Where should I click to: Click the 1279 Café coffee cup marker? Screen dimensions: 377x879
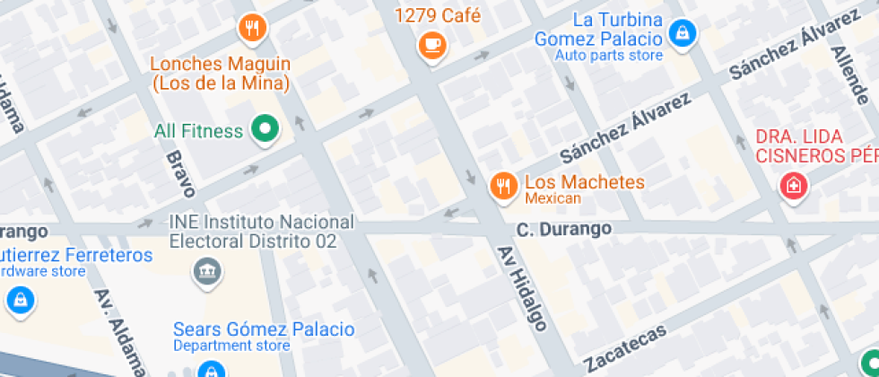432,43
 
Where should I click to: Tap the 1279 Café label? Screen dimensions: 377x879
438,15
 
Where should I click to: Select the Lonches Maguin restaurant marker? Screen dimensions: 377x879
253,28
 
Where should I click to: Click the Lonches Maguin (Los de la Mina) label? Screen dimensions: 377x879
220,74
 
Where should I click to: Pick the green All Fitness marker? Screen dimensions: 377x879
265,131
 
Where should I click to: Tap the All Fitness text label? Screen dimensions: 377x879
198,131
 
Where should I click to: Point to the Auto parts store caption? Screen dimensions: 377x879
609,56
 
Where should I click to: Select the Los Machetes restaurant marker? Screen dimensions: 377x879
503,185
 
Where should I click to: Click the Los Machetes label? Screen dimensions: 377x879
585,181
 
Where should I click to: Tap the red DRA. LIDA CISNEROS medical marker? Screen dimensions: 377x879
793,187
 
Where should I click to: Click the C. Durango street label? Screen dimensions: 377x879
564,230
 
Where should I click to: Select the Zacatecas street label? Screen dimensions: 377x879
625,347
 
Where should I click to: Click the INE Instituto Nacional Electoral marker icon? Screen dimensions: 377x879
207,268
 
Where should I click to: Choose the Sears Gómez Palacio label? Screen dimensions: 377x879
264,329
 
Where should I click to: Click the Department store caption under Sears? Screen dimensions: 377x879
231,346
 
